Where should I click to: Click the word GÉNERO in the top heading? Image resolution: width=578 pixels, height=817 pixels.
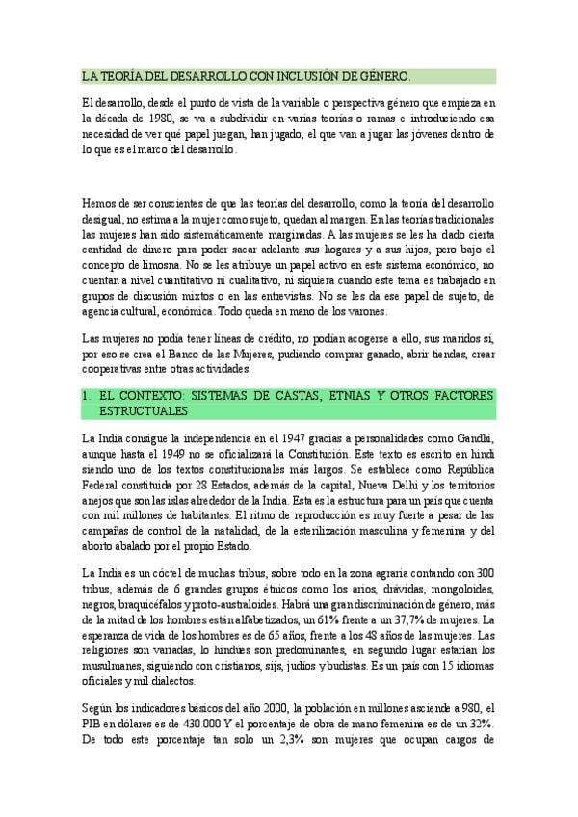[384, 75]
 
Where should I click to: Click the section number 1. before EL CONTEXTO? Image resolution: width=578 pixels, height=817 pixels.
[88, 396]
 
